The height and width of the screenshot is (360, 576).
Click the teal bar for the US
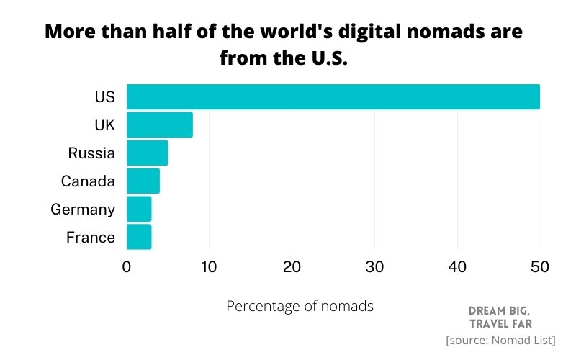[333, 96]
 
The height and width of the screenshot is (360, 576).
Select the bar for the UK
[159, 125]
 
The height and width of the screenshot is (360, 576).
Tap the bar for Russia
[147, 153]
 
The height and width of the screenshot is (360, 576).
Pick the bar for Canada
[143, 181]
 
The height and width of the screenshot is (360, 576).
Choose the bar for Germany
[139, 209]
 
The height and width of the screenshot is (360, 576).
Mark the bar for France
[139, 237]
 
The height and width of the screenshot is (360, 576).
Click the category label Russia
[91, 153]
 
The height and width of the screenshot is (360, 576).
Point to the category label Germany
[83, 210]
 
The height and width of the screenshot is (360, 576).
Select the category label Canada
[88, 181]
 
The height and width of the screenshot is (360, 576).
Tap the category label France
[90, 238]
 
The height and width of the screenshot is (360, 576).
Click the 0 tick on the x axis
[127, 267]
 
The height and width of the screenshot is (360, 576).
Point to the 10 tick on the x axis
[209, 267]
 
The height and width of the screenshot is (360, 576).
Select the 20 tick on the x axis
[292, 267]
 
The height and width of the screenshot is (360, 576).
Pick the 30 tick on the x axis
[374, 267]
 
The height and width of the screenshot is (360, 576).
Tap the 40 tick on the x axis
[457, 267]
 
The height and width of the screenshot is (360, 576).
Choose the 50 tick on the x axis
[539, 267]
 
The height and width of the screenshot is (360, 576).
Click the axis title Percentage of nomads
[300, 306]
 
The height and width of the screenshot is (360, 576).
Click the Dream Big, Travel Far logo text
[500, 317]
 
